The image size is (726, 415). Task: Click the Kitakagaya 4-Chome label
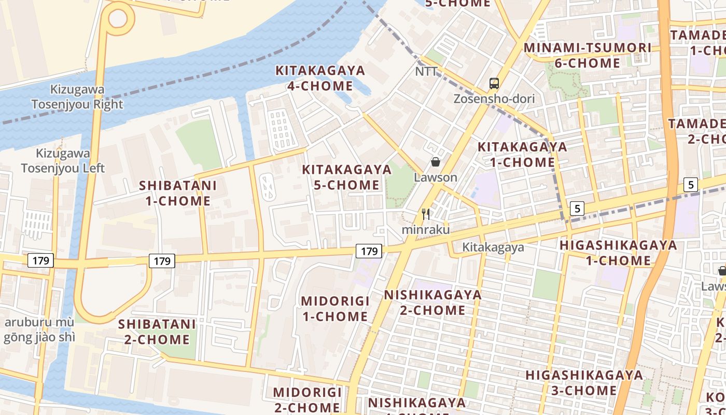pos(320,78)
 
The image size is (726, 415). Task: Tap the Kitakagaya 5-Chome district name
pos(346,177)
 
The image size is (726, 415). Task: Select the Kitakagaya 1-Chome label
pos(522,154)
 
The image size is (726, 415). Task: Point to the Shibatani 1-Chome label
pos(177,193)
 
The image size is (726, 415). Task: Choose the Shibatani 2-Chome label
pos(157,332)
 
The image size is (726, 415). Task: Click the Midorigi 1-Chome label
pos(335,309)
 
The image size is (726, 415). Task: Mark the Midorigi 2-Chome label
pos(307,399)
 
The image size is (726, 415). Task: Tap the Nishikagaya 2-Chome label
pos(432,302)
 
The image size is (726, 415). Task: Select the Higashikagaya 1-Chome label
pos(618,253)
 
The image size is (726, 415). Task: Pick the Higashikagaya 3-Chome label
pos(584,382)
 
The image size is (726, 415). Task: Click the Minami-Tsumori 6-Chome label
pos(587,56)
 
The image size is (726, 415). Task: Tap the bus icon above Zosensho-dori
pos(494,83)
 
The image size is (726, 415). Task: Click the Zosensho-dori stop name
pos(494,99)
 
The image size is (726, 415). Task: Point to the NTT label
pos(426,72)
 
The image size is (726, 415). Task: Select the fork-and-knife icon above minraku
pos(426,214)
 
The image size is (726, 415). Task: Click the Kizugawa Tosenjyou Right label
pos(77,96)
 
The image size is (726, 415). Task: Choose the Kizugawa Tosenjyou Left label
pos(62,161)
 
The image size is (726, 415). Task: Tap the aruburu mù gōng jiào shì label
pos(39,330)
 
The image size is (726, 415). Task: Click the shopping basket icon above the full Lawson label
pos(436,162)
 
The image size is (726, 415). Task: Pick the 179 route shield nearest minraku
pos(369,252)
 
